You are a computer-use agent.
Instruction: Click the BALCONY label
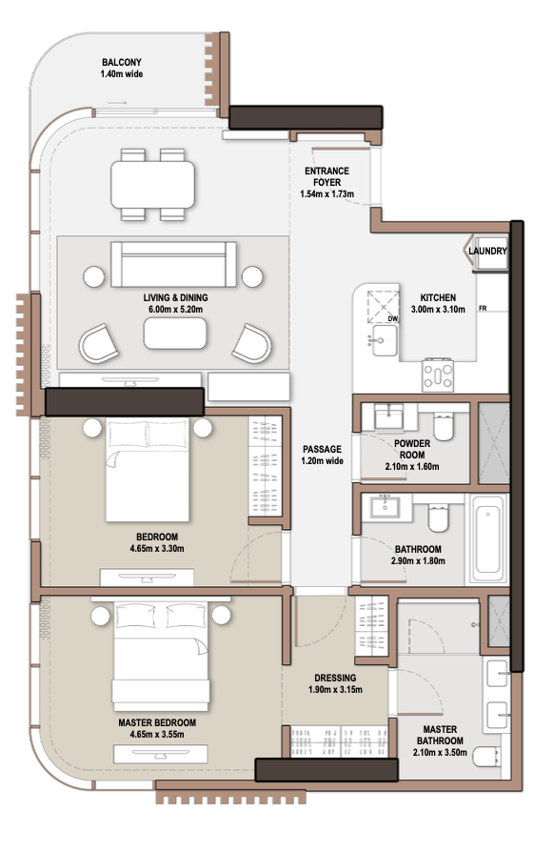point(122,63)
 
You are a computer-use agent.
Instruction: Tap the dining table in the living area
point(153,185)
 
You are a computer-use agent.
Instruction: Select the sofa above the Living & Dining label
point(173,265)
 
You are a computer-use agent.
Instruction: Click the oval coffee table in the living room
point(175,334)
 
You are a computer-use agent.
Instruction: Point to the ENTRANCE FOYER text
point(326,176)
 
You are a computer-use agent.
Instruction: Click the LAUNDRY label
point(487,251)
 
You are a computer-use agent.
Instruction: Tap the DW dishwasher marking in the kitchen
point(393,319)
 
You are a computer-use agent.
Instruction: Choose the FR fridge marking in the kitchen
point(483,309)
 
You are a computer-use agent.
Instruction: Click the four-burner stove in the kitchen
point(438,375)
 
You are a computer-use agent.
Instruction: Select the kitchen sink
point(385,340)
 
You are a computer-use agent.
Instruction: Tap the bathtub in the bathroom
point(487,538)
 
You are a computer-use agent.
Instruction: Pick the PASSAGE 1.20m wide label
point(323,455)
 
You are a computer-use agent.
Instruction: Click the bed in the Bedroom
point(148,470)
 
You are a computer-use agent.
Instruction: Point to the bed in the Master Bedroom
point(161,656)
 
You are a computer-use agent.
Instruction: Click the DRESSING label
point(335,678)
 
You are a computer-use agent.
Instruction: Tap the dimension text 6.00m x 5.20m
point(176,310)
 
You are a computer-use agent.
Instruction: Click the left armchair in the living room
point(99,343)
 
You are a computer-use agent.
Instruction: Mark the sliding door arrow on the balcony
point(117,103)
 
